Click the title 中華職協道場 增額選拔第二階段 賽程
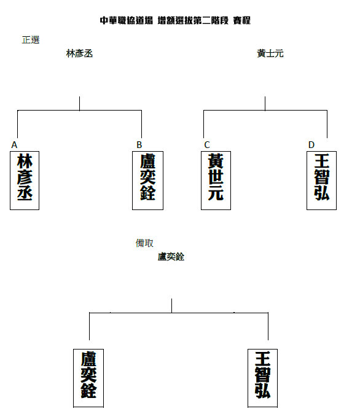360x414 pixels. [175, 20]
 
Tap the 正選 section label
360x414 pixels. [31, 40]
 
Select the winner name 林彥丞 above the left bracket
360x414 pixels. [79, 53]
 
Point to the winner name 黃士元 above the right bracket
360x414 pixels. [270, 53]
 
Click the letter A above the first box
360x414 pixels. [14, 145]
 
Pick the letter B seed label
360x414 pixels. [139, 145]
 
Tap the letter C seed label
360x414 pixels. [207, 145]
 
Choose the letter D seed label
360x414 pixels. [311, 145]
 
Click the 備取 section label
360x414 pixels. [144, 243]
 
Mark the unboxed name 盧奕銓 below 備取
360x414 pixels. [171, 257]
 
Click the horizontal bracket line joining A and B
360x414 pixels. [79, 111]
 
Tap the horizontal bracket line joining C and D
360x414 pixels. [265, 111]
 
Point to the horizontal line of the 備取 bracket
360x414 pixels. [179, 313]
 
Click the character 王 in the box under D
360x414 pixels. [322, 162]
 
